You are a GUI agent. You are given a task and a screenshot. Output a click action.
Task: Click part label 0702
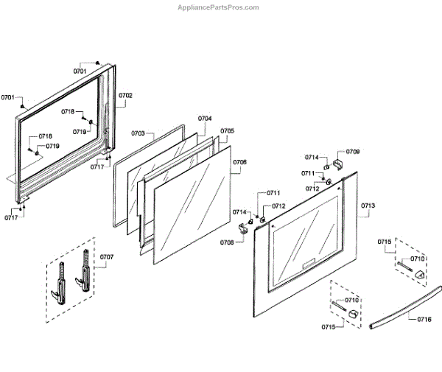coord(125,96)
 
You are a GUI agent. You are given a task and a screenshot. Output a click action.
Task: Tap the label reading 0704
coord(205,119)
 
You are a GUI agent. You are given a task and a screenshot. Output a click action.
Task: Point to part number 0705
coord(227,131)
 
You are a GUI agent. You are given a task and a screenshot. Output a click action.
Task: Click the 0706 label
coord(239,162)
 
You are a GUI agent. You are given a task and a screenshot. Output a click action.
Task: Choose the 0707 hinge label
coord(107,257)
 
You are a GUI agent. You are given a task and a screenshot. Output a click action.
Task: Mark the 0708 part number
coord(227,242)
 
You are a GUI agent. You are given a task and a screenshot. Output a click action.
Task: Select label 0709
coord(353,152)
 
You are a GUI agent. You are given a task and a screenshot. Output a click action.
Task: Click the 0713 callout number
coord(368,206)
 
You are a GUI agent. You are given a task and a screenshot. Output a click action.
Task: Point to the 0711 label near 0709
coord(308,173)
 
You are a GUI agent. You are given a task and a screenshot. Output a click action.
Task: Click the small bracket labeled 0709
coord(337,162)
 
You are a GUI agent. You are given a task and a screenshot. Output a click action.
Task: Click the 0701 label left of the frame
coord(7,97)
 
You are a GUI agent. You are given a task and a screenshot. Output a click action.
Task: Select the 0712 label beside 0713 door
coord(312,189)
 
